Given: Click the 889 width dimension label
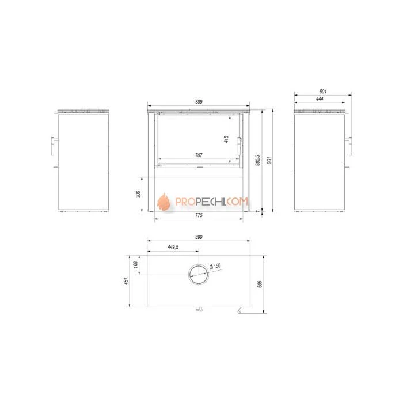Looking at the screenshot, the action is click(199, 102).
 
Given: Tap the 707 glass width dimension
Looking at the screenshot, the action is click(199, 155).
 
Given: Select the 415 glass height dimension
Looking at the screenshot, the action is click(226, 139).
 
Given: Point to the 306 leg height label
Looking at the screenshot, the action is click(138, 195).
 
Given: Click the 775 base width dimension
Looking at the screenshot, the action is click(199, 215).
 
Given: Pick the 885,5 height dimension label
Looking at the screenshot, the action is click(258, 160).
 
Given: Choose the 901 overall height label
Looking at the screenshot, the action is click(269, 161).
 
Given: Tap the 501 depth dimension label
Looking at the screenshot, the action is click(323, 91).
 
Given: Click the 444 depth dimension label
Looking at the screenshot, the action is click(320, 99).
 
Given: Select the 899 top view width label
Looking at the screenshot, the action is click(199, 237).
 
